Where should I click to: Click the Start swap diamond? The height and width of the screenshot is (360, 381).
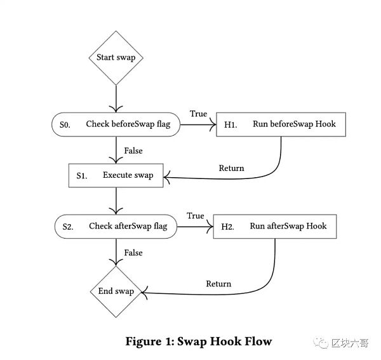116,58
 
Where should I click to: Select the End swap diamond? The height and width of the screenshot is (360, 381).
116,291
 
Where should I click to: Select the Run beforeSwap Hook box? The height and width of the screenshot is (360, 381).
282,124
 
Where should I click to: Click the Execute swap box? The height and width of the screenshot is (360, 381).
116,175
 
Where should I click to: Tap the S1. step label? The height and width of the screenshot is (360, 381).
82,176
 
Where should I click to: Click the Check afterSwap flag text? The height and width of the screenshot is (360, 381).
128,226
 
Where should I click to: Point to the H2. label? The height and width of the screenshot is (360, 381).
227,227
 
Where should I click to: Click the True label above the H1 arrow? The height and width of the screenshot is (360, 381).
198,114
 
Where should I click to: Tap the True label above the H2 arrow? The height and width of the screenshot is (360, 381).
196,216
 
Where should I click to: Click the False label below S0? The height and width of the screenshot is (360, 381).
133,151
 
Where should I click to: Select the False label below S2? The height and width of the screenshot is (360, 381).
133,253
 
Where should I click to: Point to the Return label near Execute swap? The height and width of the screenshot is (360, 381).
231,168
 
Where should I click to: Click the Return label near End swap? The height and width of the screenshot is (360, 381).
218,284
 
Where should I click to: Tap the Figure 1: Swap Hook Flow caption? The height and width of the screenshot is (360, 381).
199,342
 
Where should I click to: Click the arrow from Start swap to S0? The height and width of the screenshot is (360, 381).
116,98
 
